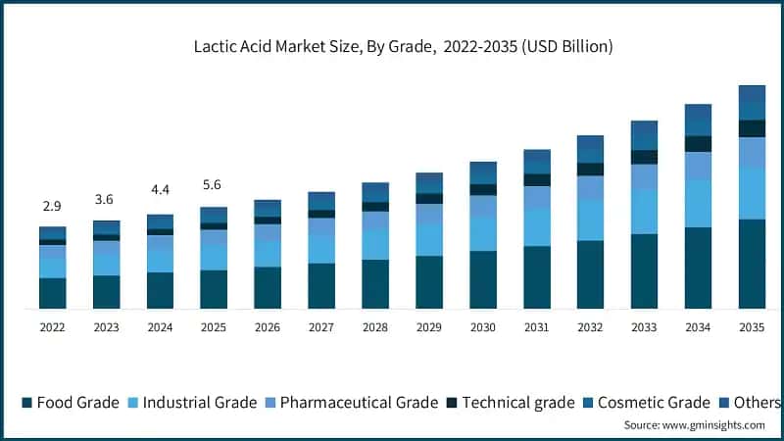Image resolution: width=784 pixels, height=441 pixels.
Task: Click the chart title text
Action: (x=403, y=46)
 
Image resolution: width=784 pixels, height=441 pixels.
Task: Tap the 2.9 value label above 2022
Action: (x=52, y=206)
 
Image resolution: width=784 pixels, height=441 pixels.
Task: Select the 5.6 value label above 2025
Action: (x=212, y=184)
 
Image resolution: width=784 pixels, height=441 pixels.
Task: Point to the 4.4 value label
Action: (x=160, y=189)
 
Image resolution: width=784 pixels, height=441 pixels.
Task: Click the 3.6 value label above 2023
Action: (x=104, y=200)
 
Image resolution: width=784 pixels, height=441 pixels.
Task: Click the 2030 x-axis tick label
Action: (x=482, y=327)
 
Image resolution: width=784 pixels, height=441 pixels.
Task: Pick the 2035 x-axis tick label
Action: (x=752, y=327)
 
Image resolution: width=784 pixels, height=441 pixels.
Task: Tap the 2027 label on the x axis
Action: (x=321, y=327)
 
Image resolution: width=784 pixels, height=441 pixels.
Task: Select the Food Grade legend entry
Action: (x=71, y=403)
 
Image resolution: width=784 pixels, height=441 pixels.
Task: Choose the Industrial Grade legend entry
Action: (x=192, y=403)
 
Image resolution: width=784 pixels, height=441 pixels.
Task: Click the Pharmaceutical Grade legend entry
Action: (x=352, y=403)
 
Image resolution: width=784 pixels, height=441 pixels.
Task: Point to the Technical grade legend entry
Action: (x=511, y=403)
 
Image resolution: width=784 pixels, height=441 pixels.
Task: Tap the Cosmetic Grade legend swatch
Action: (x=588, y=403)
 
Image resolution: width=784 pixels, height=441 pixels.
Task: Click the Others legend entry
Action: (x=751, y=403)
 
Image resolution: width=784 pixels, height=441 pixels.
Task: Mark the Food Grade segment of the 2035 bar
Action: (x=752, y=264)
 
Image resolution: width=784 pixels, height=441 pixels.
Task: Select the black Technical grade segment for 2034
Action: (x=698, y=144)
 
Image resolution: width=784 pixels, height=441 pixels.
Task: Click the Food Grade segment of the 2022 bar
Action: (x=53, y=293)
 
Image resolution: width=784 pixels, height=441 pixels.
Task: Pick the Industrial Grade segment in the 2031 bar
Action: (x=537, y=227)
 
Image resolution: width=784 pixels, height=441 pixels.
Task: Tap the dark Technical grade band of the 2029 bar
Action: (x=429, y=199)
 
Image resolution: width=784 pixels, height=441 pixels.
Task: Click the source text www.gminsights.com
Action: (x=713, y=425)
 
